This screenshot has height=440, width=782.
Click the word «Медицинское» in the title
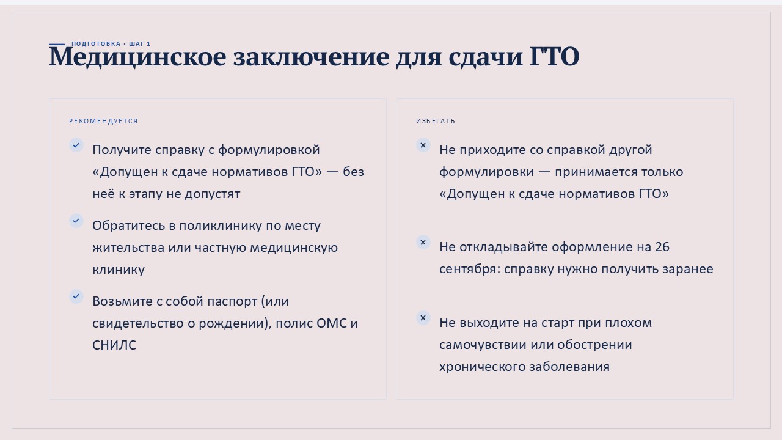pos(137,57)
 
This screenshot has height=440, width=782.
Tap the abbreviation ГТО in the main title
pos(554,56)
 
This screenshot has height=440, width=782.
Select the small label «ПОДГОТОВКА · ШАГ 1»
pos(111,43)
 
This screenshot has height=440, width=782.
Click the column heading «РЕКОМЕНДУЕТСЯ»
pos(103,121)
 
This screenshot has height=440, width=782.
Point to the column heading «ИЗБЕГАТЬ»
pos(436,121)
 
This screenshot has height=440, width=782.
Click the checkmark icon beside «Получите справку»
pos(76,145)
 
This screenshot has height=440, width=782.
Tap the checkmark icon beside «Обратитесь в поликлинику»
pos(76,221)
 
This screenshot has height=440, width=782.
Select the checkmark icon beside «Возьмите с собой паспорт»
pos(76,296)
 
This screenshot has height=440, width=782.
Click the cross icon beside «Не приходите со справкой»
pos(423,145)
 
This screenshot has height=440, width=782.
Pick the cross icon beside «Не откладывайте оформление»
pos(423,242)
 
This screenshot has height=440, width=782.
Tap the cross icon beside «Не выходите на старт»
pos(423,318)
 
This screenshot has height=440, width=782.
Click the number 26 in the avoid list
pos(662,247)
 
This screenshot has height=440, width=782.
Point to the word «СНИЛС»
pos(114,345)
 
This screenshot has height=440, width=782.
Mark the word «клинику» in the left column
pos(119,269)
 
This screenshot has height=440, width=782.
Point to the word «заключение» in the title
pos(311,57)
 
